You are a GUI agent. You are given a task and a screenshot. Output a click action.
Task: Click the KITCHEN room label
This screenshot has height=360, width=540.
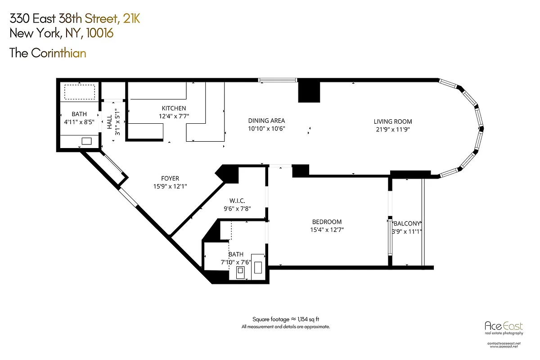[174, 108]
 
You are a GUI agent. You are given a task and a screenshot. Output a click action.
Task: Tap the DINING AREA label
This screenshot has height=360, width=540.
[266, 121]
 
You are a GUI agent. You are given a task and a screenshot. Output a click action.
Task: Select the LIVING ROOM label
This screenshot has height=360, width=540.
[392, 121]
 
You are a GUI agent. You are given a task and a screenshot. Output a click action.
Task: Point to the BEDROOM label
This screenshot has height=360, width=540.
[327, 222]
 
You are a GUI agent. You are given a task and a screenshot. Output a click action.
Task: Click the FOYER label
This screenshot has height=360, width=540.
[170, 179]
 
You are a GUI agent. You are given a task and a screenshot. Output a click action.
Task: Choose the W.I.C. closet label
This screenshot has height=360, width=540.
[237, 201]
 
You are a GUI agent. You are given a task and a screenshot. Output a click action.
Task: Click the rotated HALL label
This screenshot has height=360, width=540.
[109, 122]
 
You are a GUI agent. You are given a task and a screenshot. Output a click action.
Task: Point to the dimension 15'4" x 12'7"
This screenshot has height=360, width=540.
[327, 229]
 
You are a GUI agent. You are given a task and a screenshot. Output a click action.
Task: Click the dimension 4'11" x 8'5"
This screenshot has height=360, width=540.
[79, 121]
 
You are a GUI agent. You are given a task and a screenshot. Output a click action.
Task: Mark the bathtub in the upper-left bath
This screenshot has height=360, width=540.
[79, 93]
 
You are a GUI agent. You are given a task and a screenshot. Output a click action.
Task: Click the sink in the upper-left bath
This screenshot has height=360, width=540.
[86, 141]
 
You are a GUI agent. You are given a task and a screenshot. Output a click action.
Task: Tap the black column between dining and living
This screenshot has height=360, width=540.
[309, 91]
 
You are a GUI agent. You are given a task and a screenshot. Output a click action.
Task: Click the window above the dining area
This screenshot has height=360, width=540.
[278, 81]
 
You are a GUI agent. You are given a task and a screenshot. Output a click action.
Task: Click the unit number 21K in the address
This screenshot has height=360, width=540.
[131, 19]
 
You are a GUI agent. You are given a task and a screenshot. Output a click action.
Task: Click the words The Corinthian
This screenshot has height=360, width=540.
[48, 53]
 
